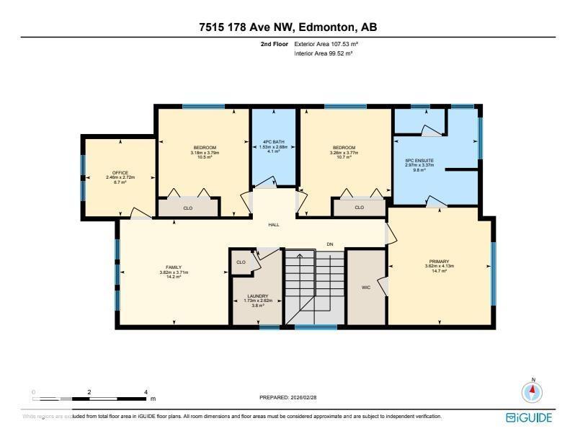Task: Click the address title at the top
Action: [x=287, y=27]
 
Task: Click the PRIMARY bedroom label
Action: [x=440, y=262]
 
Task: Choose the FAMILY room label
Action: [x=174, y=267]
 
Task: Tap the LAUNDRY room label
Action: [x=257, y=296]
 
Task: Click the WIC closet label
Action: [x=365, y=287]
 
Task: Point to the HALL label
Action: [x=274, y=225]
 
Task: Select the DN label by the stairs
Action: [x=330, y=244]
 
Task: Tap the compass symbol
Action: [x=532, y=392]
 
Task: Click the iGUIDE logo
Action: [x=530, y=417]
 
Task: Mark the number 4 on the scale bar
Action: [x=146, y=392]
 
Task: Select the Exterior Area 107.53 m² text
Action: [x=326, y=45]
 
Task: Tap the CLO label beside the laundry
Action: [x=241, y=262]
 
